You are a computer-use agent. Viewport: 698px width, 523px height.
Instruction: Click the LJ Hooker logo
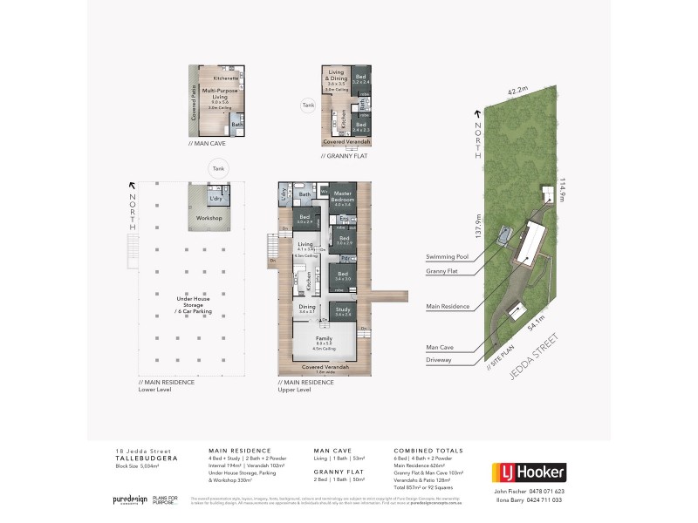530,473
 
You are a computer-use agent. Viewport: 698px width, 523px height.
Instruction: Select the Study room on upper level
341,312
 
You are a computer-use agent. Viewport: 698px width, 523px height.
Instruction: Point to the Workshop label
209,217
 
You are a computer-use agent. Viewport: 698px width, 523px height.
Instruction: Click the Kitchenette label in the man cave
214,78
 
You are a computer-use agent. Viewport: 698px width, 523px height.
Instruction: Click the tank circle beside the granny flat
307,106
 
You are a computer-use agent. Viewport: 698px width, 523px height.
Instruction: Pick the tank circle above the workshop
216,170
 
